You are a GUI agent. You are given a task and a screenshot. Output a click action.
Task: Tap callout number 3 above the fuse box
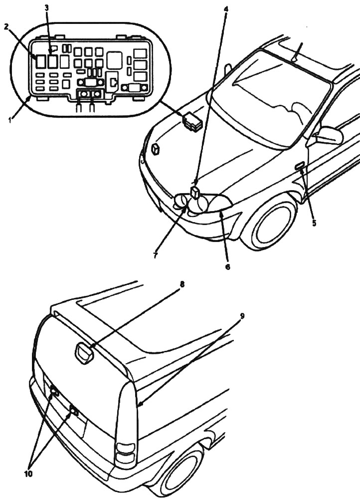46,8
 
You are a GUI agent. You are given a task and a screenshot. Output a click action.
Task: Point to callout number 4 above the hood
225,8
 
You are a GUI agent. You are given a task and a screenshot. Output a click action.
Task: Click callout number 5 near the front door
314,223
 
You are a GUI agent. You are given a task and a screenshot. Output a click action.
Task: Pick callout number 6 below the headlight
227,267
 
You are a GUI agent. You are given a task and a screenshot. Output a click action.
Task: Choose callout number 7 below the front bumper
156,255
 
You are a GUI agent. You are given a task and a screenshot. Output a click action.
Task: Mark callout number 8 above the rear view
182,285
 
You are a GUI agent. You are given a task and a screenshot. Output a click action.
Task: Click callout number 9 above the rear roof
242,316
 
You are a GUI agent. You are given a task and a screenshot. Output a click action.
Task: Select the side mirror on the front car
329,135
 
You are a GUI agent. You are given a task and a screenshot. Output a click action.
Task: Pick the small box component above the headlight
195,192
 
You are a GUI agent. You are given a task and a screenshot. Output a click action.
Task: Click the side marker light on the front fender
300,166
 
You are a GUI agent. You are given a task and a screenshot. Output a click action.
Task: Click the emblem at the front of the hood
155,148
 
